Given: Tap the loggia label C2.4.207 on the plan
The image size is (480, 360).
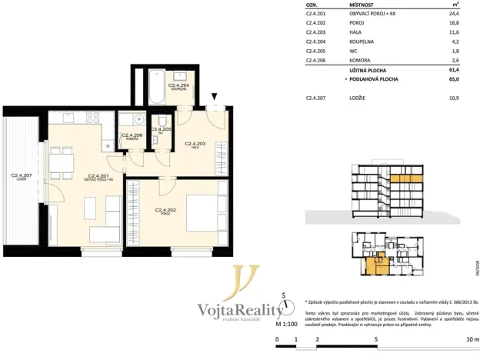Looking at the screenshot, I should (x=20, y=176).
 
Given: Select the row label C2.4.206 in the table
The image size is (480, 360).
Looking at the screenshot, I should (x=315, y=60).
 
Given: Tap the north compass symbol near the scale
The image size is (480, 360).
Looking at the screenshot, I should (x=285, y=302).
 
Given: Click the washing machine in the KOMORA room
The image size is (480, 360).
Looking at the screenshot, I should (x=138, y=120).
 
